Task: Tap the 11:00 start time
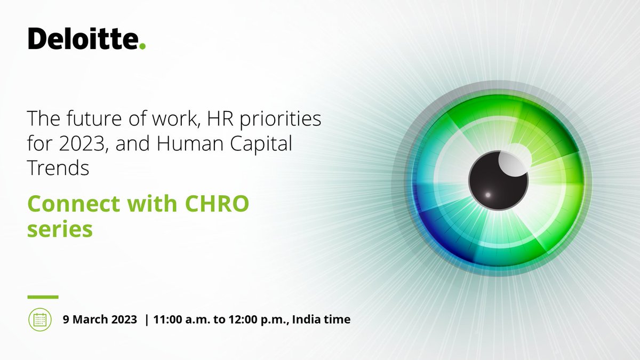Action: [167, 319]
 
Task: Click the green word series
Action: [60, 229]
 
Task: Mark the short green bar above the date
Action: [43, 297]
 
